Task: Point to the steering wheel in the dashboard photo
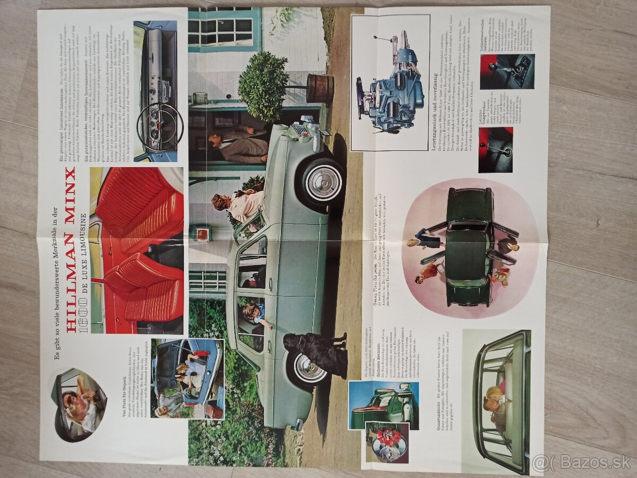pos(160,126)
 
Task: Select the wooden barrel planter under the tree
pos(320,88)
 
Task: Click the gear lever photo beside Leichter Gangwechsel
pos(495,150)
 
